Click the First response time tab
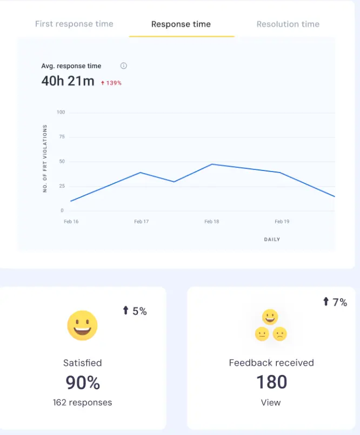74,24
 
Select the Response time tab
181,24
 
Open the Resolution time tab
288,24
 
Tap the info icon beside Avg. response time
123,66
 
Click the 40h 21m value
68,82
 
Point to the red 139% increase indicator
111,83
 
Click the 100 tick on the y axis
61,113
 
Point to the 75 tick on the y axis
62,137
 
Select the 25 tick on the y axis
62,186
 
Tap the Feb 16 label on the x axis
71,222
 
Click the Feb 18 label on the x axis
211,222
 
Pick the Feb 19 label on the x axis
282,222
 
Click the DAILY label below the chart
272,239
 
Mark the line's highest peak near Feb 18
211,164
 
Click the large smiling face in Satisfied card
82,326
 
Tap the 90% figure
83,383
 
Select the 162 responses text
82,403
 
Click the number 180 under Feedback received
271,383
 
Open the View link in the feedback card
271,403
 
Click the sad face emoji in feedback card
279,334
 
